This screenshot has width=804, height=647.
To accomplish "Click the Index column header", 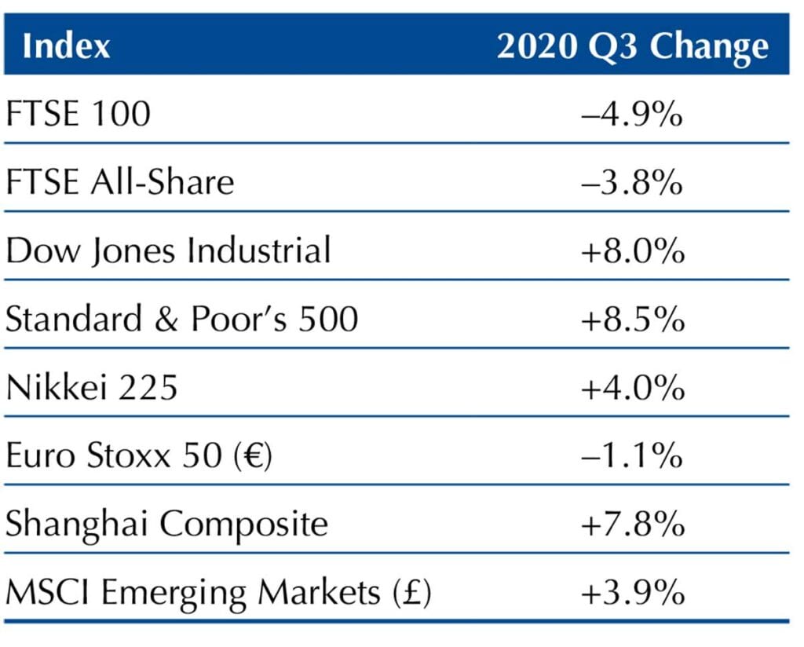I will click(x=67, y=46).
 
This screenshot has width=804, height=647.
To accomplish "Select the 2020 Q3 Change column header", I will click(x=632, y=46).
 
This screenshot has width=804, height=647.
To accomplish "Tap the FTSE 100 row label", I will click(x=78, y=115).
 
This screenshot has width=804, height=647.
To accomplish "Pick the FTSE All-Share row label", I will click(x=120, y=183).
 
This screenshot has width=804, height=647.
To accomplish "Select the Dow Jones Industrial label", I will click(x=168, y=251).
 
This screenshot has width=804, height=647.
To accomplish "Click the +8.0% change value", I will click(x=632, y=251).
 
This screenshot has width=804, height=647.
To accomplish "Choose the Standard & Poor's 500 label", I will click(x=181, y=320).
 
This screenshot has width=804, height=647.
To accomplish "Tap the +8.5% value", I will click(x=632, y=320).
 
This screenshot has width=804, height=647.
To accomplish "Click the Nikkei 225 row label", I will click(x=92, y=388).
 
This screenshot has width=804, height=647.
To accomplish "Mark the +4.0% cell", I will click(x=632, y=388).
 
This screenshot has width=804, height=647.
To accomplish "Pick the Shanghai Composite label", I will click(x=166, y=524).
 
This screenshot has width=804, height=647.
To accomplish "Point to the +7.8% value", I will click(x=632, y=524).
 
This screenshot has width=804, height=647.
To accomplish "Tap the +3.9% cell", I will click(x=632, y=593).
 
